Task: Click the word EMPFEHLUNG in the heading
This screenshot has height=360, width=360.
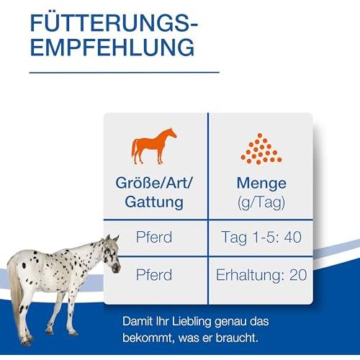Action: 112,47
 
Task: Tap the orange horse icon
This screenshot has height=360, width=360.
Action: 154,146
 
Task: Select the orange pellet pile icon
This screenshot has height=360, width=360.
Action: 261,149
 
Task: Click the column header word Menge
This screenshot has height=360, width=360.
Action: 261,183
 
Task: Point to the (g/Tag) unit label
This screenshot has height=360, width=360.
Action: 261,202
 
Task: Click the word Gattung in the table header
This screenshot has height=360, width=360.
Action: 154,202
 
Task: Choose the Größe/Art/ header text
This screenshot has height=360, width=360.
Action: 154,183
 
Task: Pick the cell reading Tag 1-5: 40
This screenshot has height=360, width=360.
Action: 261,238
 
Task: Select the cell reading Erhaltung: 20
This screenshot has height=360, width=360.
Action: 261,275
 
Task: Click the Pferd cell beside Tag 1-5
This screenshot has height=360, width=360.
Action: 154,237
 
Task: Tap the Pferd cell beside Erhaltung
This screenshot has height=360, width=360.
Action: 154,274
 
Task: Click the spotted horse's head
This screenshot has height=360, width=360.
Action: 112,253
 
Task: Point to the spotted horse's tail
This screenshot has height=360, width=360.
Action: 16,295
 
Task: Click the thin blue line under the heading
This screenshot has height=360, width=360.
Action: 125,72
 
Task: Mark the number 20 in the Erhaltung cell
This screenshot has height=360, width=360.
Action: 298,275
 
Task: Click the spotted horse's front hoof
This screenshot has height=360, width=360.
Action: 74,333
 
